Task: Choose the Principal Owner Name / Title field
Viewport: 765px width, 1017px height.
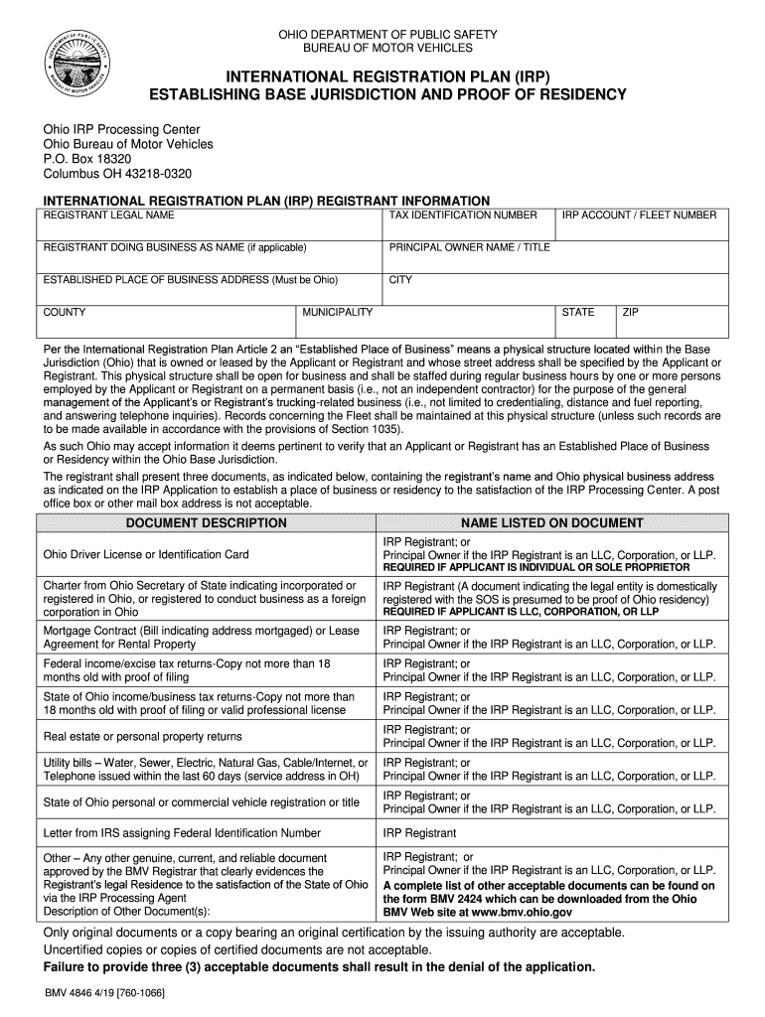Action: point(556,256)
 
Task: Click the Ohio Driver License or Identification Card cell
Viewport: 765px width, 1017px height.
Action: point(146,554)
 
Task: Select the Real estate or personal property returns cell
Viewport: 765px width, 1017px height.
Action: point(142,737)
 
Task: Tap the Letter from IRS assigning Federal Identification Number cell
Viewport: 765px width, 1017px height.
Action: point(182,833)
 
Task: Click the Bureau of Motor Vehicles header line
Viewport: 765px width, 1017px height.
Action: point(387,48)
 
